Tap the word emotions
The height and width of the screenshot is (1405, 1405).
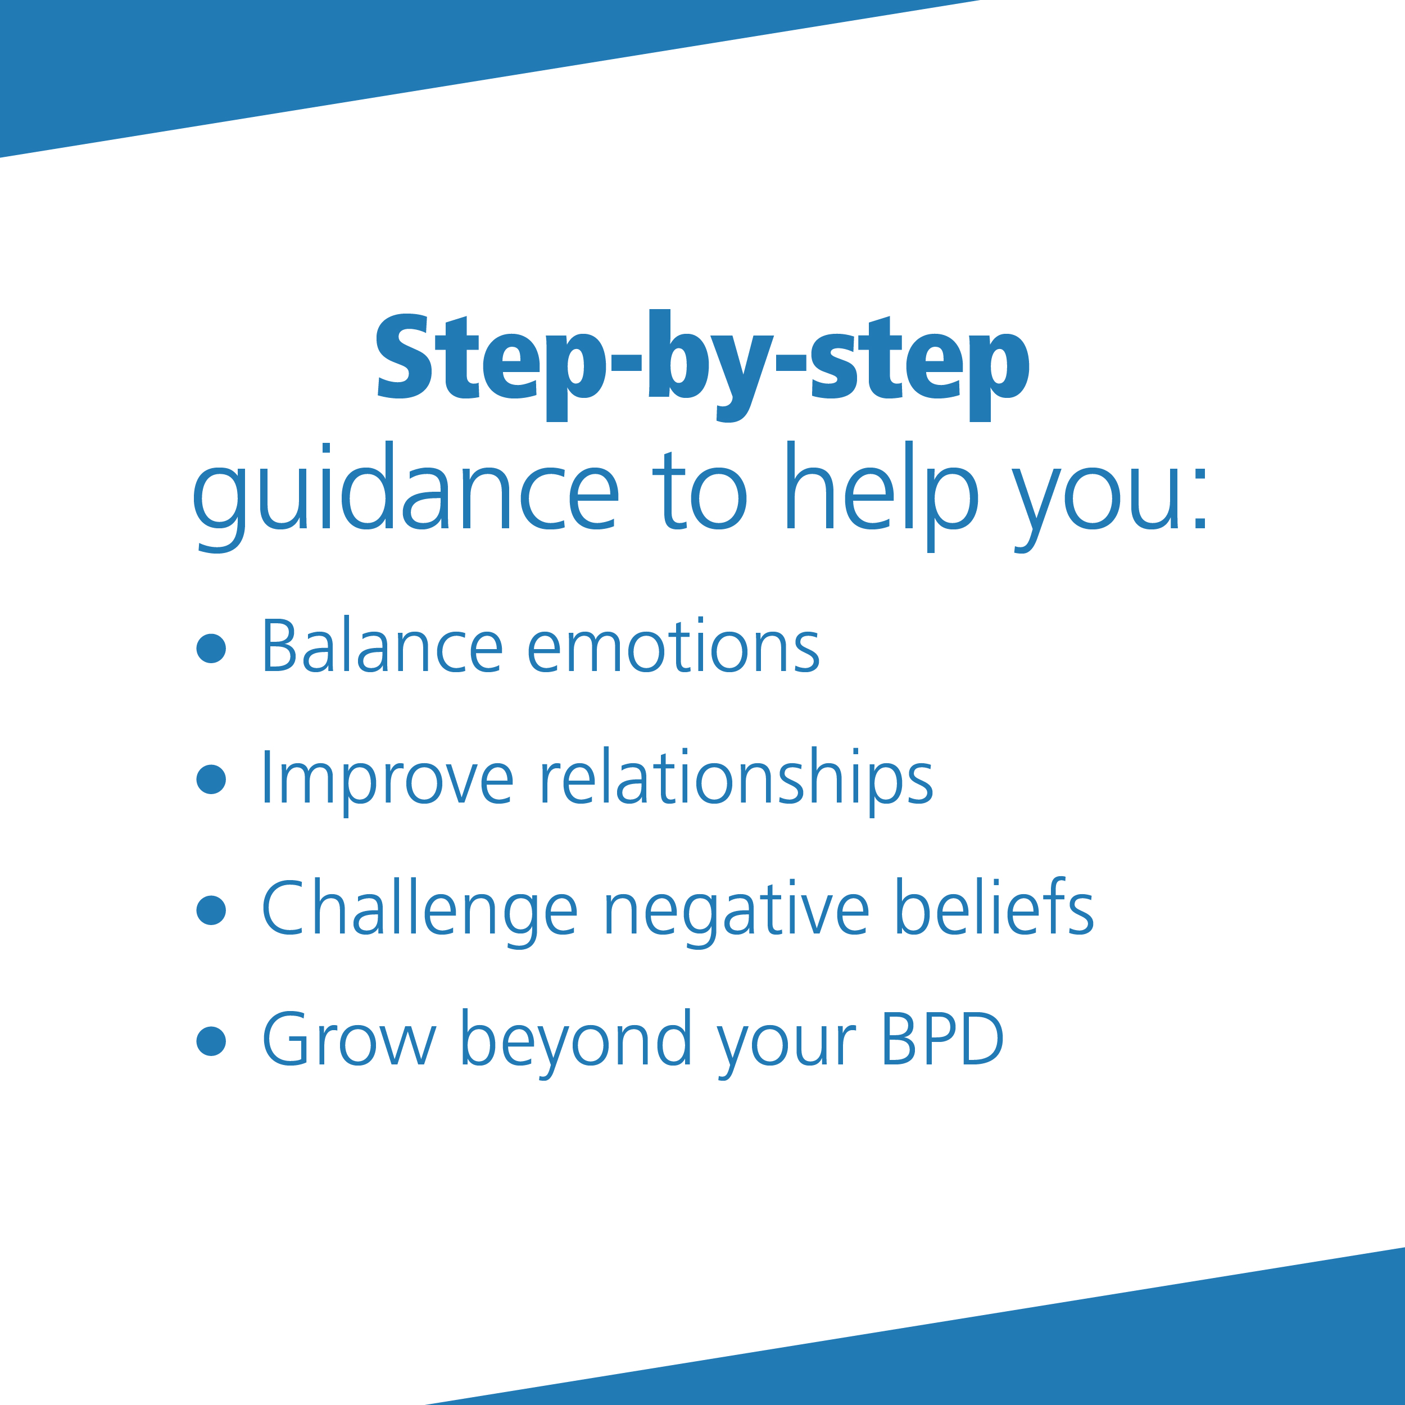tap(673, 646)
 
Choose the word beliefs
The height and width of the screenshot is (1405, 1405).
tap(994, 908)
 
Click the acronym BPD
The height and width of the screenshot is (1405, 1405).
tap(942, 1039)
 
